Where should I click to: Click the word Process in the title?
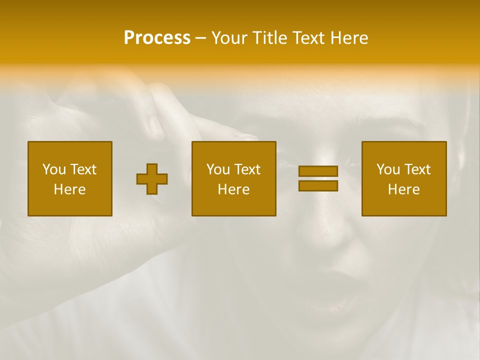tap(157, 38)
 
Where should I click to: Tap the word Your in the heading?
tap(230, 38)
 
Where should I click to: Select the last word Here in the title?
tap(349, 38)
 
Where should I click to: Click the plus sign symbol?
tap(152, 179)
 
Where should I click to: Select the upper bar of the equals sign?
tap(318, 171)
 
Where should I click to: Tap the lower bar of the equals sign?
tap(318, 186)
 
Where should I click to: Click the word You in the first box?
tap(54, 169)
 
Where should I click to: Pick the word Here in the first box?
tap(70, 189)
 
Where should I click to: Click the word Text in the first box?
tap(83, 169)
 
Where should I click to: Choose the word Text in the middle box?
tap(247, 169)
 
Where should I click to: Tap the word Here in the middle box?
tap(234, 189)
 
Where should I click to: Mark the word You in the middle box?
tap(218, 169)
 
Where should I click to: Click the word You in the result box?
tap(388, 169)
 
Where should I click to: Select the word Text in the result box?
tap(417, 169)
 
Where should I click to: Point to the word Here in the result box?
tap(404, 189)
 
